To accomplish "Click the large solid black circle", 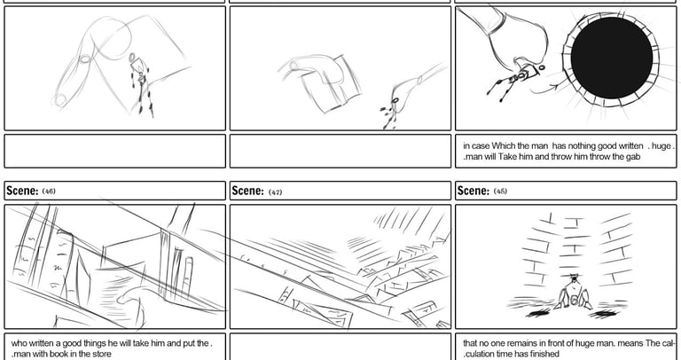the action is pos(612,58).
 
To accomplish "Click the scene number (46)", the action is pos(49,191).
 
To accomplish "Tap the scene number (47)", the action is pos(275,192).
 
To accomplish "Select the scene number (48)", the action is pos(500,191).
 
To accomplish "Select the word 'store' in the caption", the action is pos(102,354).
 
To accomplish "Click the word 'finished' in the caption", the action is pos(544,354).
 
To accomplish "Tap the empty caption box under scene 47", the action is pos(340,346).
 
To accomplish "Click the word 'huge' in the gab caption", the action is pos(661,146).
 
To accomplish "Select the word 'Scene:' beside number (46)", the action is pos(22,191).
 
